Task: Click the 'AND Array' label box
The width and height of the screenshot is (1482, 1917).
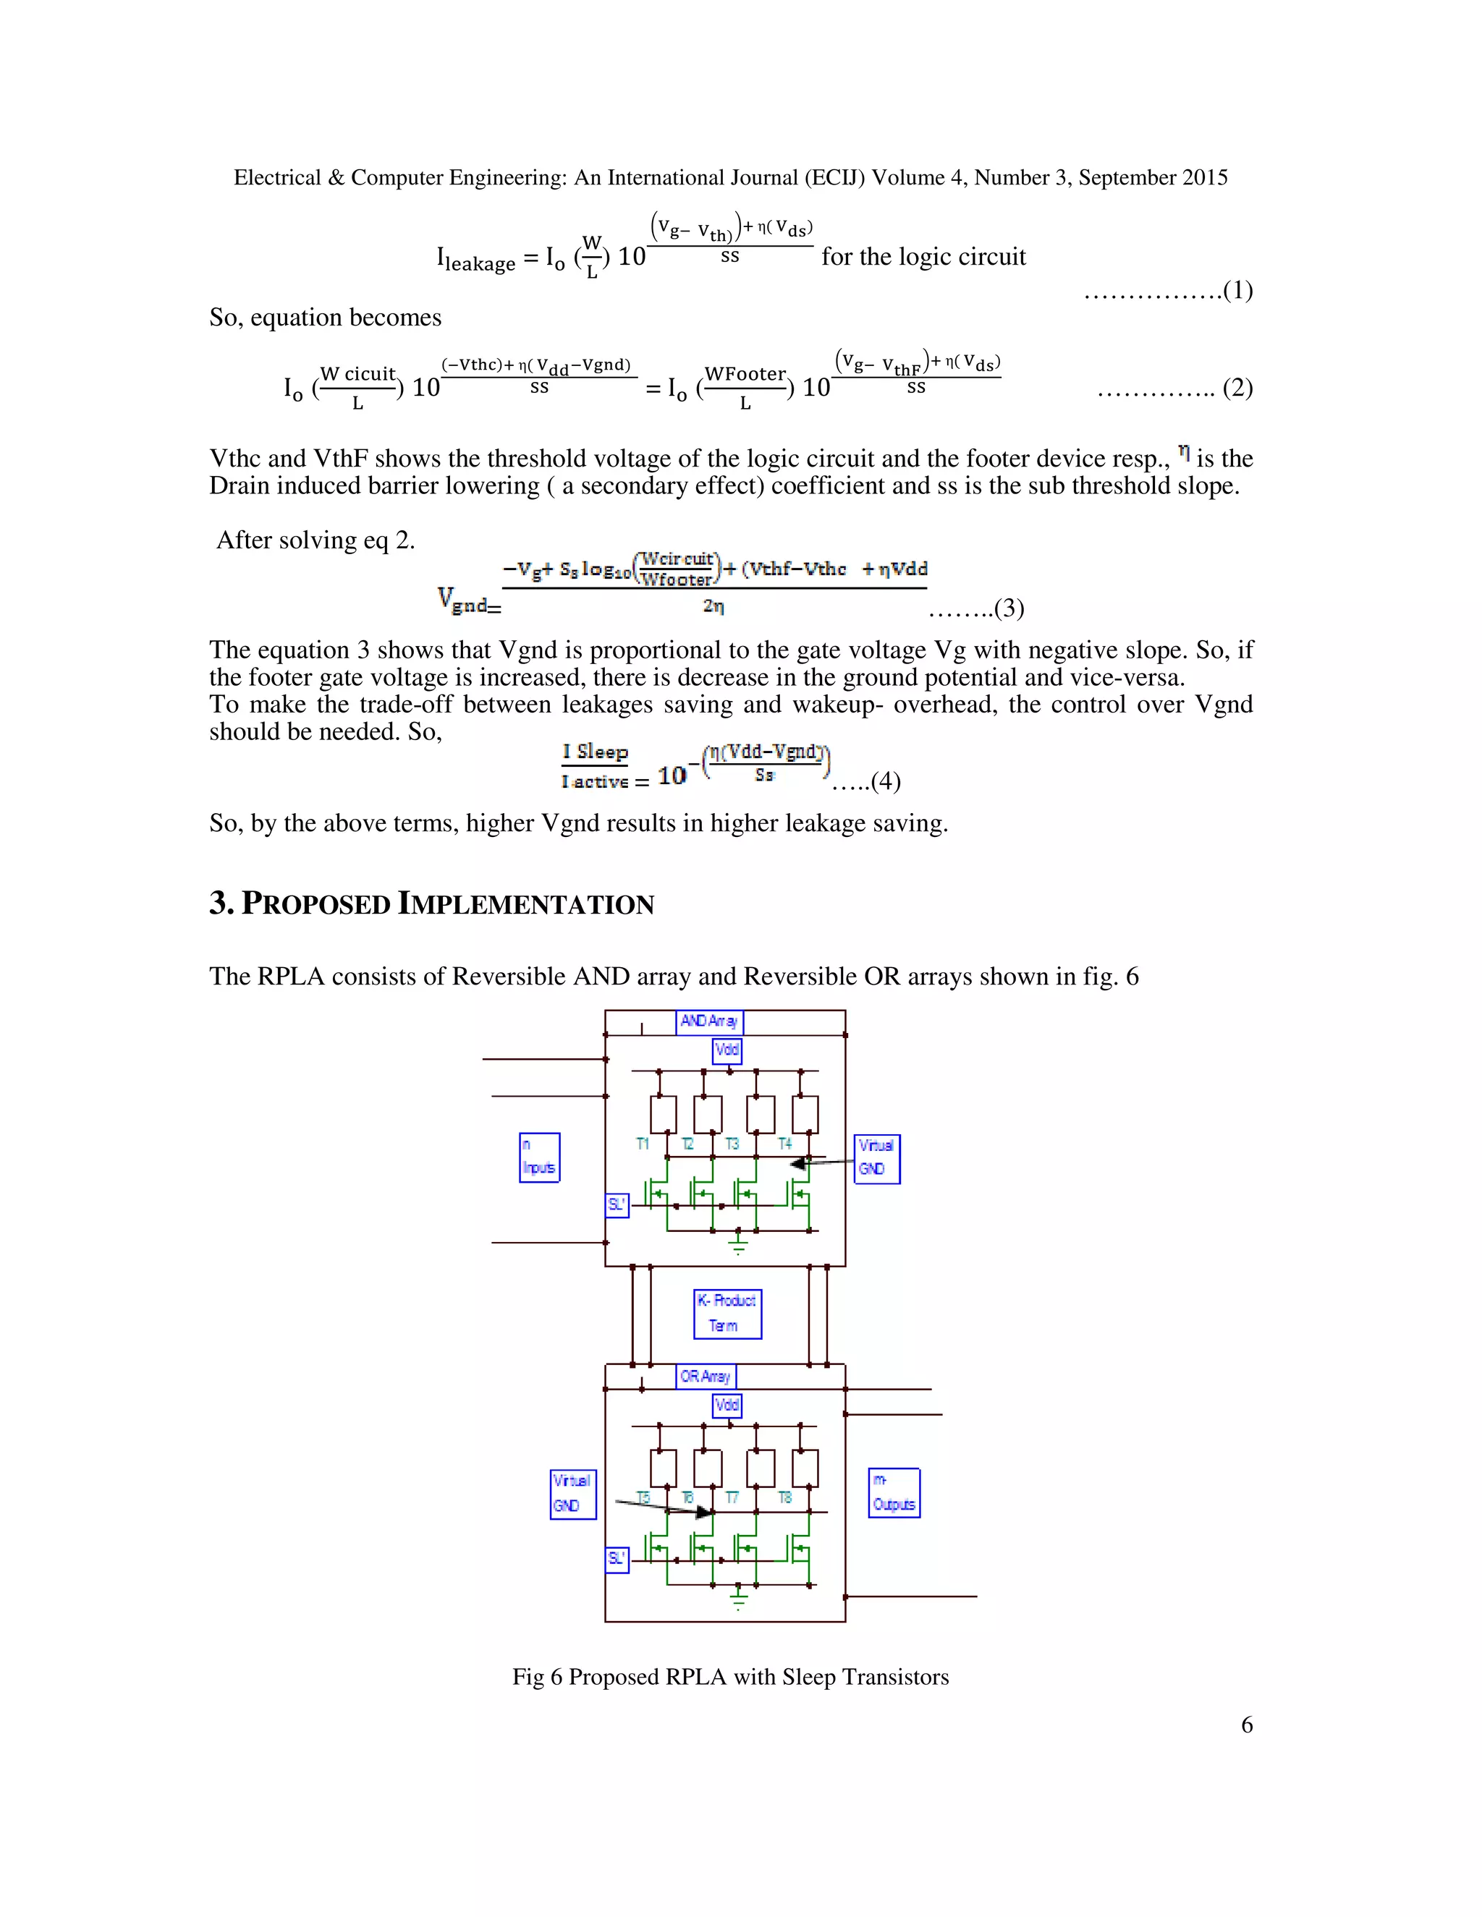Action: (709, 1021)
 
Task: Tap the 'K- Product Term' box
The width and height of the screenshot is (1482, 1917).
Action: (727, 1313)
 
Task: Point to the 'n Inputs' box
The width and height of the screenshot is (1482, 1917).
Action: (539, 1157)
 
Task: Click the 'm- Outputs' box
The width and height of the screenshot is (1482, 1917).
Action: (894, 1492)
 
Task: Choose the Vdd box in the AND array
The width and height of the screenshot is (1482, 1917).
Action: (727, 1050)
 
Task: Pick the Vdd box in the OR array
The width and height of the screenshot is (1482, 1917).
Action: (727, 1406)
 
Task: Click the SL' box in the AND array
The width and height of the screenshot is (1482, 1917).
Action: (617, 1205)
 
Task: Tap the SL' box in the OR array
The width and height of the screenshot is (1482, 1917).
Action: (617, 1559)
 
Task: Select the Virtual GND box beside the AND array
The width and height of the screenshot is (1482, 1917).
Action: (876, 1159)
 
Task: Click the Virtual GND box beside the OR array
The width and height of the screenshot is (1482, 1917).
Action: (572, 1494)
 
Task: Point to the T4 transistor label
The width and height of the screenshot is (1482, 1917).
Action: (785, 1144)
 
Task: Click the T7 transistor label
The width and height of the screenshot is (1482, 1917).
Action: (732, 1497)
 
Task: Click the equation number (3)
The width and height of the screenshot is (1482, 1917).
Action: (1009, 608)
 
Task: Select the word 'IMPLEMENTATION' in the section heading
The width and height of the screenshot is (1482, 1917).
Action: (526, 904)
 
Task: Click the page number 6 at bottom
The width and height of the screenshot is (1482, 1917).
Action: (1247, 1725)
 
